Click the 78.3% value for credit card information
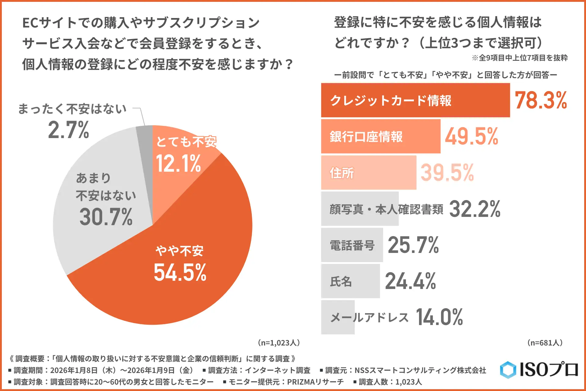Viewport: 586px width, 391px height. pyautogui.click(x=541, y=100)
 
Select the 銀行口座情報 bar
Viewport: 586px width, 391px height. pyautogui.click(x=380, y=136)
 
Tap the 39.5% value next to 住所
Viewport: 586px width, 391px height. pyautogui.click(x=447, y=173)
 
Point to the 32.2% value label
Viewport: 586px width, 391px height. pyautogui.click(x=475, y=209)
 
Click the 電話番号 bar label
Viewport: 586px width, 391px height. pyautogui.click(x=352, y=245)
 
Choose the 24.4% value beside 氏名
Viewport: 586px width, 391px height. pyautogui.click(x=411, y=281)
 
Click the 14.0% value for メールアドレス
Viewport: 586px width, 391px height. pyautogui.click(x=439, y=317)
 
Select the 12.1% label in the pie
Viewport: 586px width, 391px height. pyautogui.click(x=178, y=163)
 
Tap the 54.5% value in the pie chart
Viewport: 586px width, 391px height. pyautogui.click(x=180, y=272)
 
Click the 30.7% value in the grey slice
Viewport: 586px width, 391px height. pyautogui.click(x=106, y=217)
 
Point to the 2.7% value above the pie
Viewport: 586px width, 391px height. pyautogui.click(x=69, y=130)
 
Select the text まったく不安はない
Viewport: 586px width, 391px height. pyautogui.click(x=72, y=109)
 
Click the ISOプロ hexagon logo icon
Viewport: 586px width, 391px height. pyautogui.click(x=508, y=370)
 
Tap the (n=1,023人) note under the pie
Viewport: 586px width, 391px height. pyautogui.click(x=279, y=343)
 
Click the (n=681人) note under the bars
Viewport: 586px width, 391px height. pyautogui.click(x=545, y=343)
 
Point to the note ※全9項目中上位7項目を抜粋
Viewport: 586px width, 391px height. pyautogui.click(x=520, y=58)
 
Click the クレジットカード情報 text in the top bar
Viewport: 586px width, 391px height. pyautogui.click(x=391, y=100)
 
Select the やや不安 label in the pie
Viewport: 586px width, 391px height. pyautogui.click(x=179, y=251)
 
